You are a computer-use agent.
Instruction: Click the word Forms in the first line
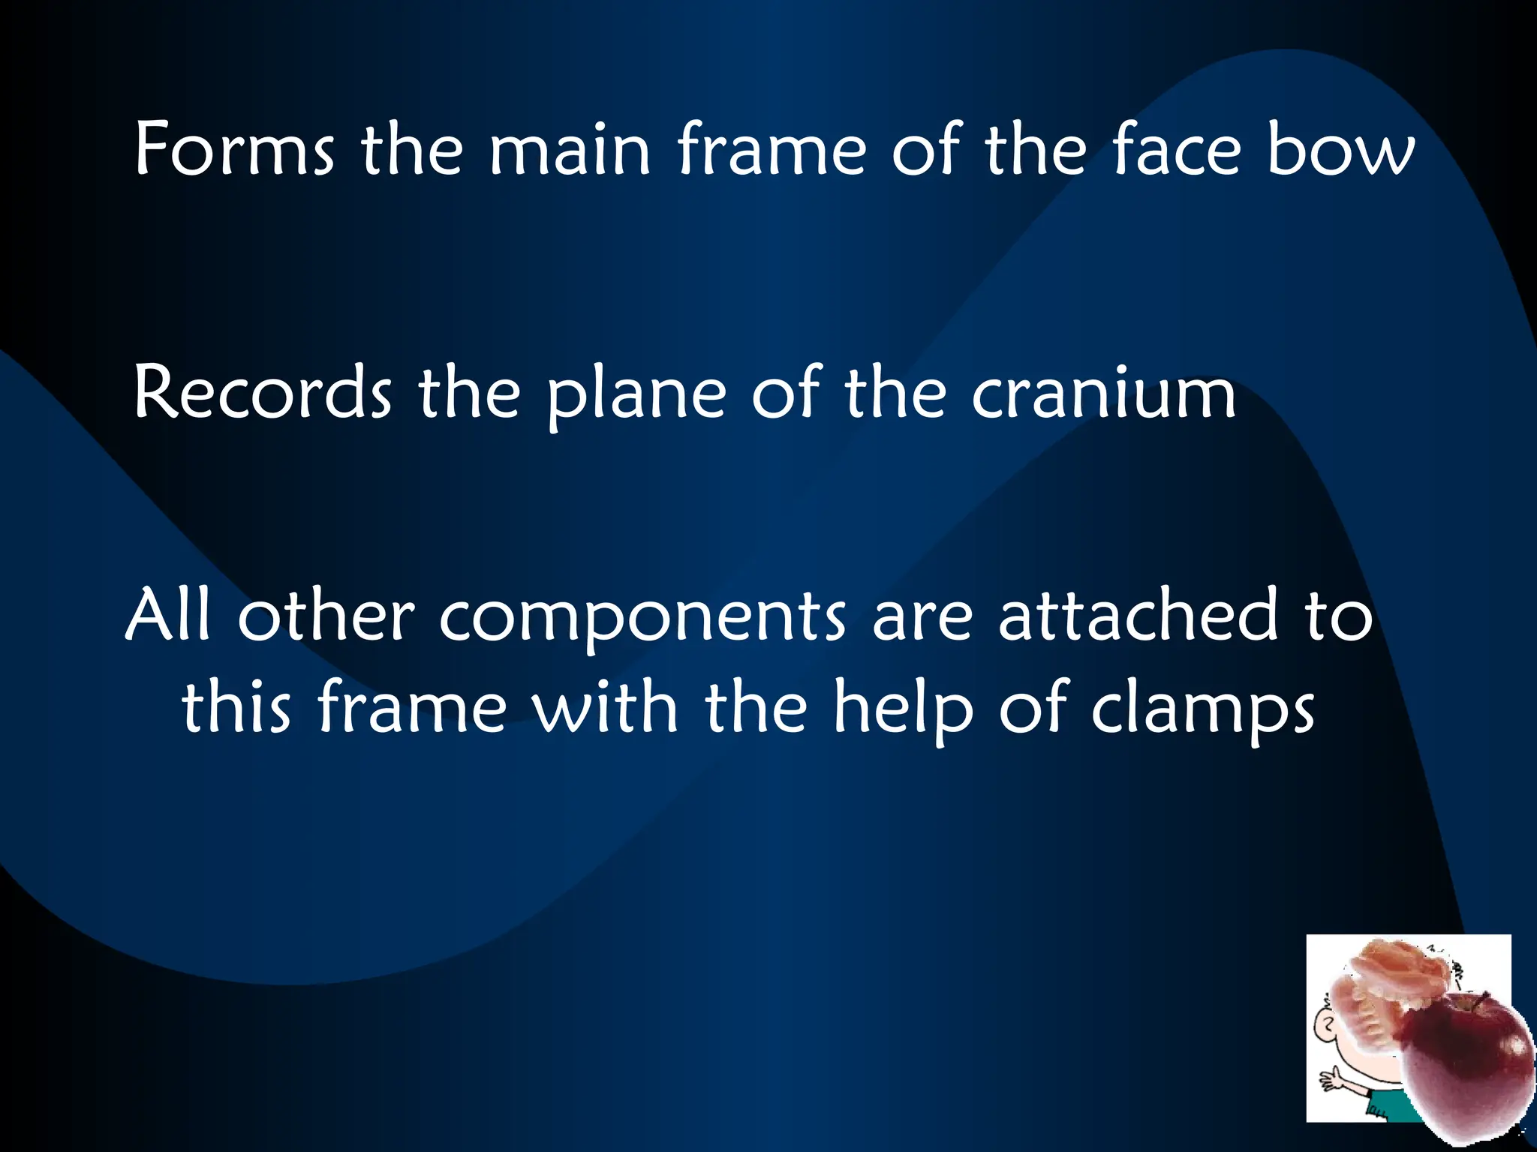pyautogui.click(x=234, y=150)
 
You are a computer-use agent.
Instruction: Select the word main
pyautogui.click(x=570, y=150)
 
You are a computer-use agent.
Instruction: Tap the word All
pyautogui.click(x=169, y=616)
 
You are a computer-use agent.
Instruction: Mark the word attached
pyautogui.click(x=1138, y=616)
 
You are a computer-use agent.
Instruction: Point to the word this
pyautogui.click(x=236, y=706)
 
